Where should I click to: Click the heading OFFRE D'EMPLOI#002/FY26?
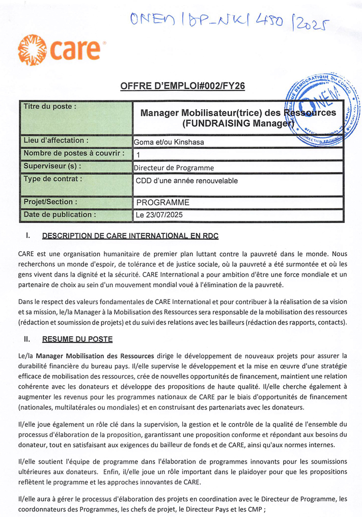pyautogui.click(x=182, y=87)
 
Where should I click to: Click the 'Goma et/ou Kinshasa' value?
pyautogui.click(x=169, y=142)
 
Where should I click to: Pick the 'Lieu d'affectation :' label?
pyautogui.click(x=57, y=141)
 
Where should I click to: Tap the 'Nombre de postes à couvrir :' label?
pyautogui.click(x=74, y=153)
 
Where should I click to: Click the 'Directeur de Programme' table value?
pyautogui.click(x=174, y=168)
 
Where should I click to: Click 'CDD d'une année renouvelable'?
pyautogui.click(x=186, y=180)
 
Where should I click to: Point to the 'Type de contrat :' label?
pyautogui.click(x=52, y=179)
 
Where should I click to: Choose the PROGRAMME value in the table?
pyautogui.click(x=162, y=202)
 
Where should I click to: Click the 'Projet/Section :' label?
pyautogui.click(x=50, y=202)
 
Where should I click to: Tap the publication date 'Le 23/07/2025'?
pyautogui.click(x=158, y=215)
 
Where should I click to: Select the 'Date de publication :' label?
pyautogui.click(x=60, y=214)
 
